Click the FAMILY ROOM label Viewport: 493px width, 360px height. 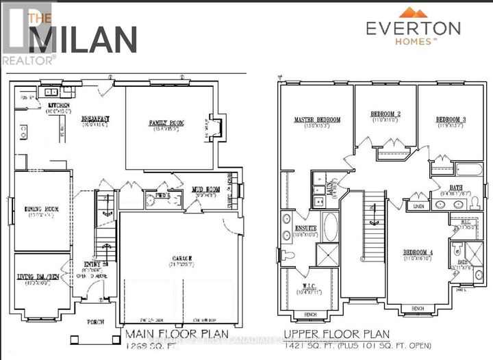point(164,123)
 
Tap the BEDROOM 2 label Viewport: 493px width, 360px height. point(385,114)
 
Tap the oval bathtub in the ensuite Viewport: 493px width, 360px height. point(330,227)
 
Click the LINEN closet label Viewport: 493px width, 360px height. point(417,205)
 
